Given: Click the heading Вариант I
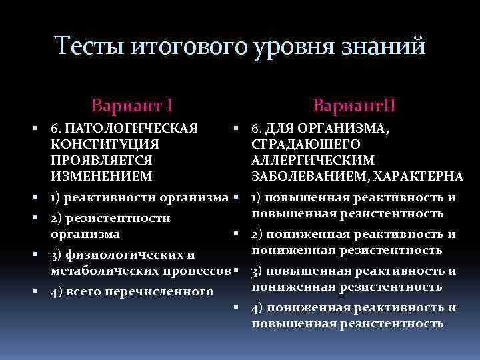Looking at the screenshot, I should tap(133, 105).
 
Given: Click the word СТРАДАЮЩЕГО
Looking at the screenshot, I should tap(306, 144).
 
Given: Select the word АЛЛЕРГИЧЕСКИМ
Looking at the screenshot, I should tap(313, 160).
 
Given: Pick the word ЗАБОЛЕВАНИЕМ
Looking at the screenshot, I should tap(310, 176).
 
